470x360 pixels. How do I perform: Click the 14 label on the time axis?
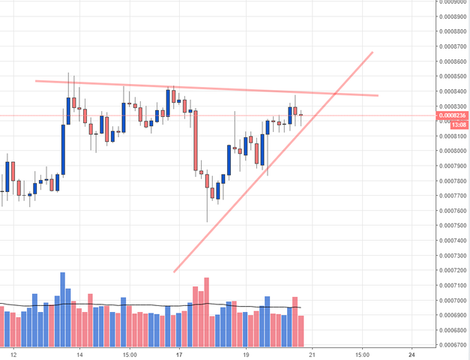click(79, 353)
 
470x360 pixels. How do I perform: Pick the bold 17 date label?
click(178, 353)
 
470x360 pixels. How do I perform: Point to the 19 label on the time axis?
click(245, 353)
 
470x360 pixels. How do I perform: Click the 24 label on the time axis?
click(412, 353)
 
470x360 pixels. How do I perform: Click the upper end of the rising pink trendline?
click(372, 53)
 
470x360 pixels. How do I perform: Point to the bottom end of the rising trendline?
click(174, 271)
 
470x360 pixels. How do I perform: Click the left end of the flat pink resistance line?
click(36, 80)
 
